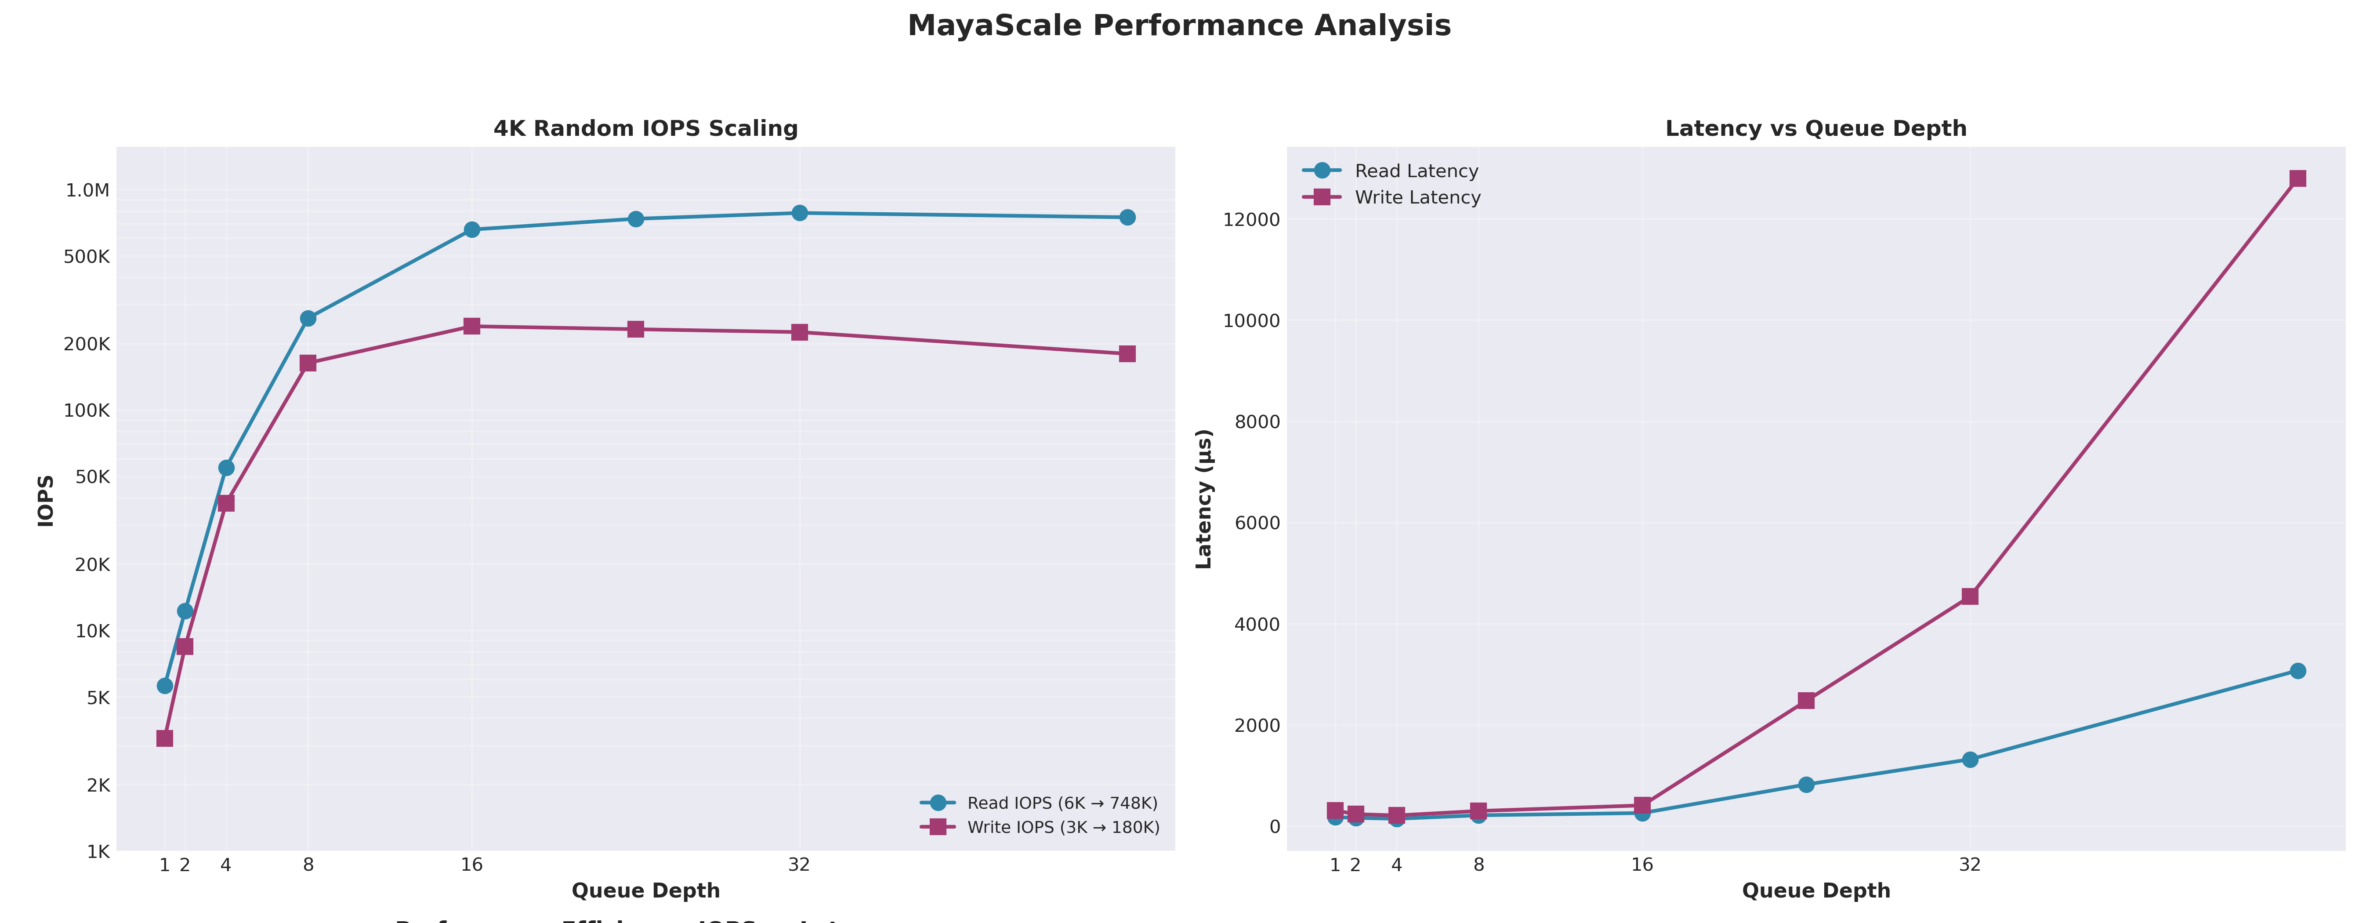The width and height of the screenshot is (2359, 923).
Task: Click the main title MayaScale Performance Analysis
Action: [1178, 25]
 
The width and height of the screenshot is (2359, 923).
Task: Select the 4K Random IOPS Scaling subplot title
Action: [645, 128]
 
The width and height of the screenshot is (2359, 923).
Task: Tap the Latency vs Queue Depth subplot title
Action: [1815, 128]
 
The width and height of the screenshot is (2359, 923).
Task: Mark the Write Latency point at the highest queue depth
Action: [2297, 178]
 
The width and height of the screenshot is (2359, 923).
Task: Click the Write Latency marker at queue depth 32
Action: [1970, 596]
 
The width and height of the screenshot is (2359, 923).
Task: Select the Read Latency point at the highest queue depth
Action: [2297, 671]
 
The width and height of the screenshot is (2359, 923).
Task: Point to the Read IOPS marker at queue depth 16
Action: [471, 230]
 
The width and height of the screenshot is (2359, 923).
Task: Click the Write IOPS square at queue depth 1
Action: [165, 738]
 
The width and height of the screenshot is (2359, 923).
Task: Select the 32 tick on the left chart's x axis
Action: [798, 865]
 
